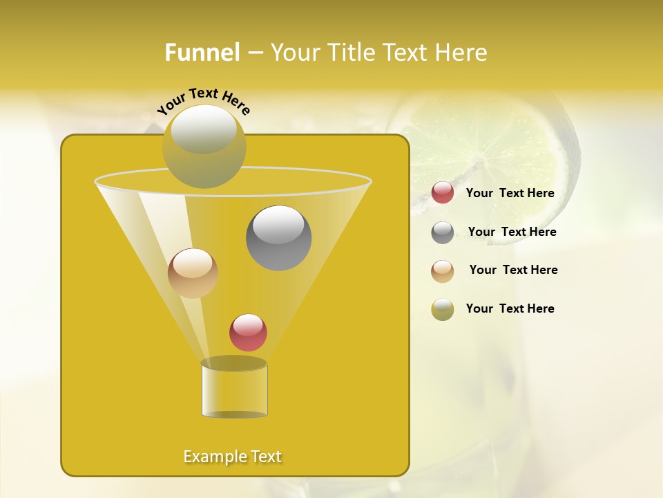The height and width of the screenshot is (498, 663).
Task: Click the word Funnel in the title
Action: tap(202, 53)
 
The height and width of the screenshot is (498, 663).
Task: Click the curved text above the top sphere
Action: tap(204, 100)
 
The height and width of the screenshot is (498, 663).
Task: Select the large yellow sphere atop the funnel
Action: tap(204, 146)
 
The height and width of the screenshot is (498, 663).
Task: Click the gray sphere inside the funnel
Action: tap(278, 238)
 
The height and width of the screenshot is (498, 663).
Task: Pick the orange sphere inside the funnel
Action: tap(193, 273)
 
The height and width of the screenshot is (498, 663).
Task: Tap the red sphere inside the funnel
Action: tap(248, 333)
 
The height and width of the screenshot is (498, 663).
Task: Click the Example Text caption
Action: tap(233, 456)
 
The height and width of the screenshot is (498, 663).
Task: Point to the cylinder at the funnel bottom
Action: tap(234, 389)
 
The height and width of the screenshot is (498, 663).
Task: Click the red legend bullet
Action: tap(443, 193)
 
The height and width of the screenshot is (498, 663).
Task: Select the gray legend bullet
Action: tap(443, 232)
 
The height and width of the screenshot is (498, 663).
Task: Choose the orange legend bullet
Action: tap(443, 271)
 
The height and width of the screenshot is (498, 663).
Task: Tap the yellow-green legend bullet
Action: tap(443, 309)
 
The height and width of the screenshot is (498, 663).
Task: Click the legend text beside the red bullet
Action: tap(510, 194)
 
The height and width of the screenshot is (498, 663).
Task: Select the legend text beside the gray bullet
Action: tap(512, 232)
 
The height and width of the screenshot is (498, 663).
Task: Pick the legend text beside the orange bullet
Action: tap(513, 270)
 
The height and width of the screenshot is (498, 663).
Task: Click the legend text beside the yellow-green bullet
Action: tap(510, 309)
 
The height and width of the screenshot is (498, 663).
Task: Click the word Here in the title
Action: tap(461, 53)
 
